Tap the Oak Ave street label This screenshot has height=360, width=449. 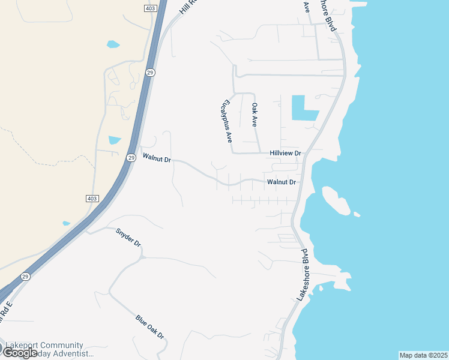point(255,114)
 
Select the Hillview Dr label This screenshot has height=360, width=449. point(285,154)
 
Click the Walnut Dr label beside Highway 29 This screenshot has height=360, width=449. point(157,159)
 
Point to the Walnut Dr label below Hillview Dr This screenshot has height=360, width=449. point(282,182)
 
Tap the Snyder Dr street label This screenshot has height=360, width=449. point(128,237)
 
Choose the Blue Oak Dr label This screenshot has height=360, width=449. point(150,328)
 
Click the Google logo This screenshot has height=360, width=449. point(19,353)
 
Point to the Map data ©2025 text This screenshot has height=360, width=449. point(423,355)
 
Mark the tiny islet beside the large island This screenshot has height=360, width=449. point(357,214)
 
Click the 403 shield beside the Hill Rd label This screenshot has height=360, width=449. point(149,8)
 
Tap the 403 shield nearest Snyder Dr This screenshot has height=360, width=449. point(91,199)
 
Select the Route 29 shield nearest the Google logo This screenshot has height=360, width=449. point(25,277)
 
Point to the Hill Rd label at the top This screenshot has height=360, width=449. point(188,7)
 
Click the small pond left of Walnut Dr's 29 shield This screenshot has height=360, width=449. point(114,140)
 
